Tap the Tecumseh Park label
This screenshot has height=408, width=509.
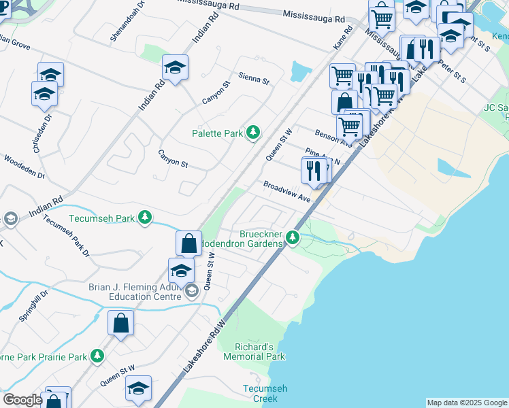tap(102, 218)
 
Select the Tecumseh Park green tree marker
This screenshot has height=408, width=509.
tap(145, 218)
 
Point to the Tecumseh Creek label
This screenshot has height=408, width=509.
tap(260, 393)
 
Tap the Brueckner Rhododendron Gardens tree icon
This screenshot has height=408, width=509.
tap(293, 237)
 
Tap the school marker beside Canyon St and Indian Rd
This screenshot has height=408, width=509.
tap(175, 67)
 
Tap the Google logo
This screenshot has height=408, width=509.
tap(22, 400)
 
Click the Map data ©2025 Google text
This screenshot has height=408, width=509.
tap(467, 403)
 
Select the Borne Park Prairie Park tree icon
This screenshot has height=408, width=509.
tap(98, 356)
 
